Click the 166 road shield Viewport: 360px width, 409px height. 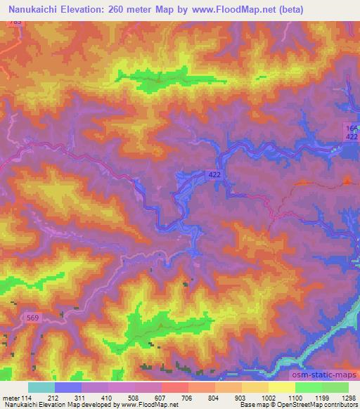click(352, 127)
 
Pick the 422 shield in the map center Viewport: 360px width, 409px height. click(215, 173)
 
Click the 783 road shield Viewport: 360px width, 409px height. click(16, 22)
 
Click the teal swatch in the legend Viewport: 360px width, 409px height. click(41, 387)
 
